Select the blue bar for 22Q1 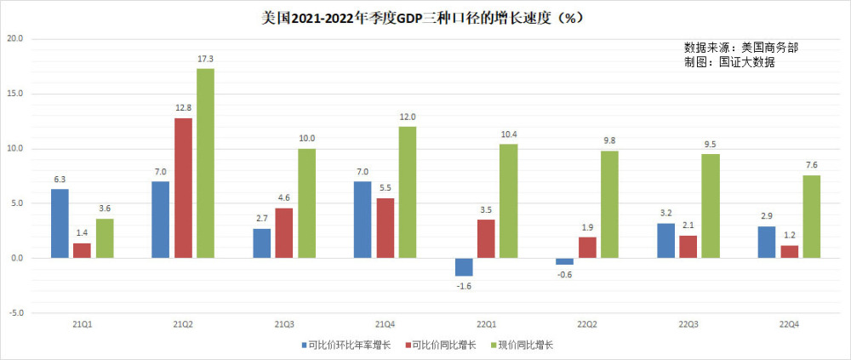[x=464, y=267]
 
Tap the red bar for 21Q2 [x=183, y=188]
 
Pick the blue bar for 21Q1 [x=60, y=223]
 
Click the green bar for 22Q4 [x=811, y=216]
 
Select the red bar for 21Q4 [x=385, y=228]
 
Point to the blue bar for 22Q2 [x=564, y=261]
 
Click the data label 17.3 [x=205, y=59]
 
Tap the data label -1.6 [x=464, y=286]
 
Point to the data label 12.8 [x=183, y=108]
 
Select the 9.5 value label [x=711, y=144]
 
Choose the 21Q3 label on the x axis [x=283, y=325]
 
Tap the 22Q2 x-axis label [x=586, y=325]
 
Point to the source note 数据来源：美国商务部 [x=740, y=48]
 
